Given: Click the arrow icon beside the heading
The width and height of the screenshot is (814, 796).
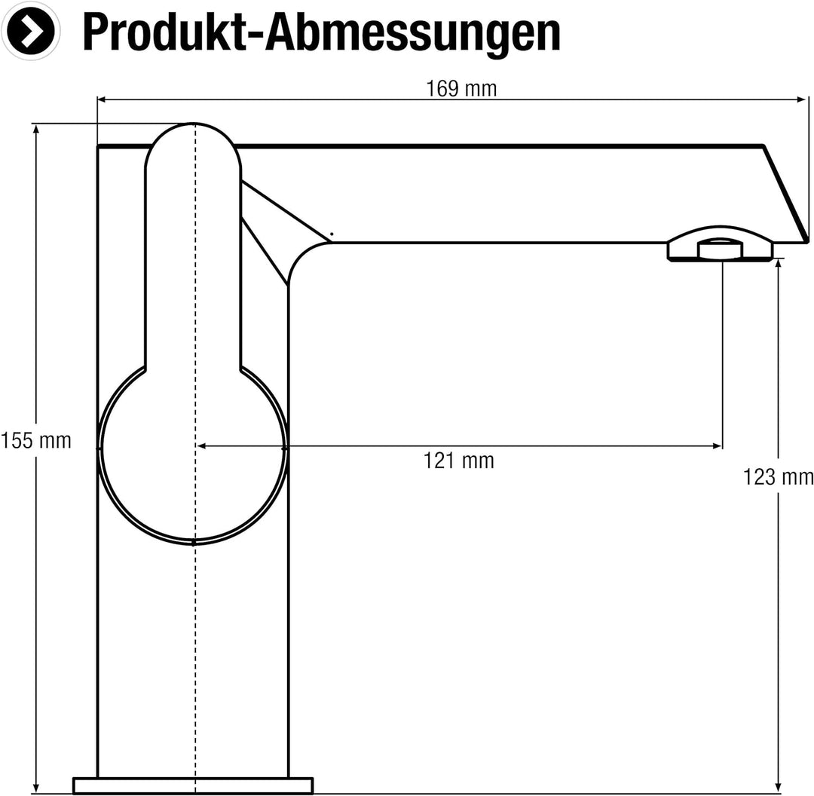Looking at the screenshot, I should pos(31,31).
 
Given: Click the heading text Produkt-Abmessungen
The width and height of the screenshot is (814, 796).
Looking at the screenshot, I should pos(321,32).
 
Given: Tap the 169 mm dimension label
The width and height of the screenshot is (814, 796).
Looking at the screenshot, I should pos(461,89).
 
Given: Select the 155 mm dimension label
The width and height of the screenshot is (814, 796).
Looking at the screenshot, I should pos(35,440).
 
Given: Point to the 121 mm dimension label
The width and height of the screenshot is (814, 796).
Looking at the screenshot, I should pos(458,460).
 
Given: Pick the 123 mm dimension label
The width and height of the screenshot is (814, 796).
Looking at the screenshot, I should pos(778,477).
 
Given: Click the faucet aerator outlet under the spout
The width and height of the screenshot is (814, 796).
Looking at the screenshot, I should pos(720,250).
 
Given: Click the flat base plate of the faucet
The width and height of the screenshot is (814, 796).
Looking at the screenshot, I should pos(193,785).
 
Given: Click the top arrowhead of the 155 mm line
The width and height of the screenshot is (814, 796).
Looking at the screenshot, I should pos(36,129).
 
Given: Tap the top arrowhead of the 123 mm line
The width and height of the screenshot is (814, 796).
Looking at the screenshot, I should pos(778,265).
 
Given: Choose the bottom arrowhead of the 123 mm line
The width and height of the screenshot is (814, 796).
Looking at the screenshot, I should pos(778,788).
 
